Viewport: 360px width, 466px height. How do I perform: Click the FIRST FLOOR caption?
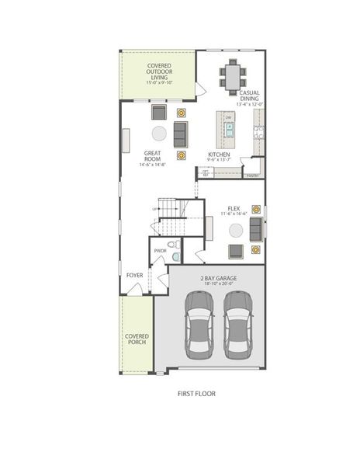click(x=196, y=393)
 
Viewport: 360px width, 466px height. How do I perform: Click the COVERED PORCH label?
click(x=137, y=339)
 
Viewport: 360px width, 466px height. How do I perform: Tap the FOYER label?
click(x=134, y=274)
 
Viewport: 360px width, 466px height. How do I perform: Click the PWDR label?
click(x=161, y=251)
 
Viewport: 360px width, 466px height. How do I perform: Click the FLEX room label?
click(x=234, y=210)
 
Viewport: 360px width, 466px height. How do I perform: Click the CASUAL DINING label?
click(x=249, y=96)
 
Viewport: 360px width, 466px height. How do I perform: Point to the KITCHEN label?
click(x=219, y=155)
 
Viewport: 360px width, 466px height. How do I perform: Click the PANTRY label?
click(x=253, y=176)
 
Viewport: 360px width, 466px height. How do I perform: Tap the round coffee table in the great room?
click(x=159, y=133)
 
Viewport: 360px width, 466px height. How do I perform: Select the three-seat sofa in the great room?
click(x=181, y=133)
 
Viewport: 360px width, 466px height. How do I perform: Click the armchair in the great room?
click(x=158, y=110)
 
